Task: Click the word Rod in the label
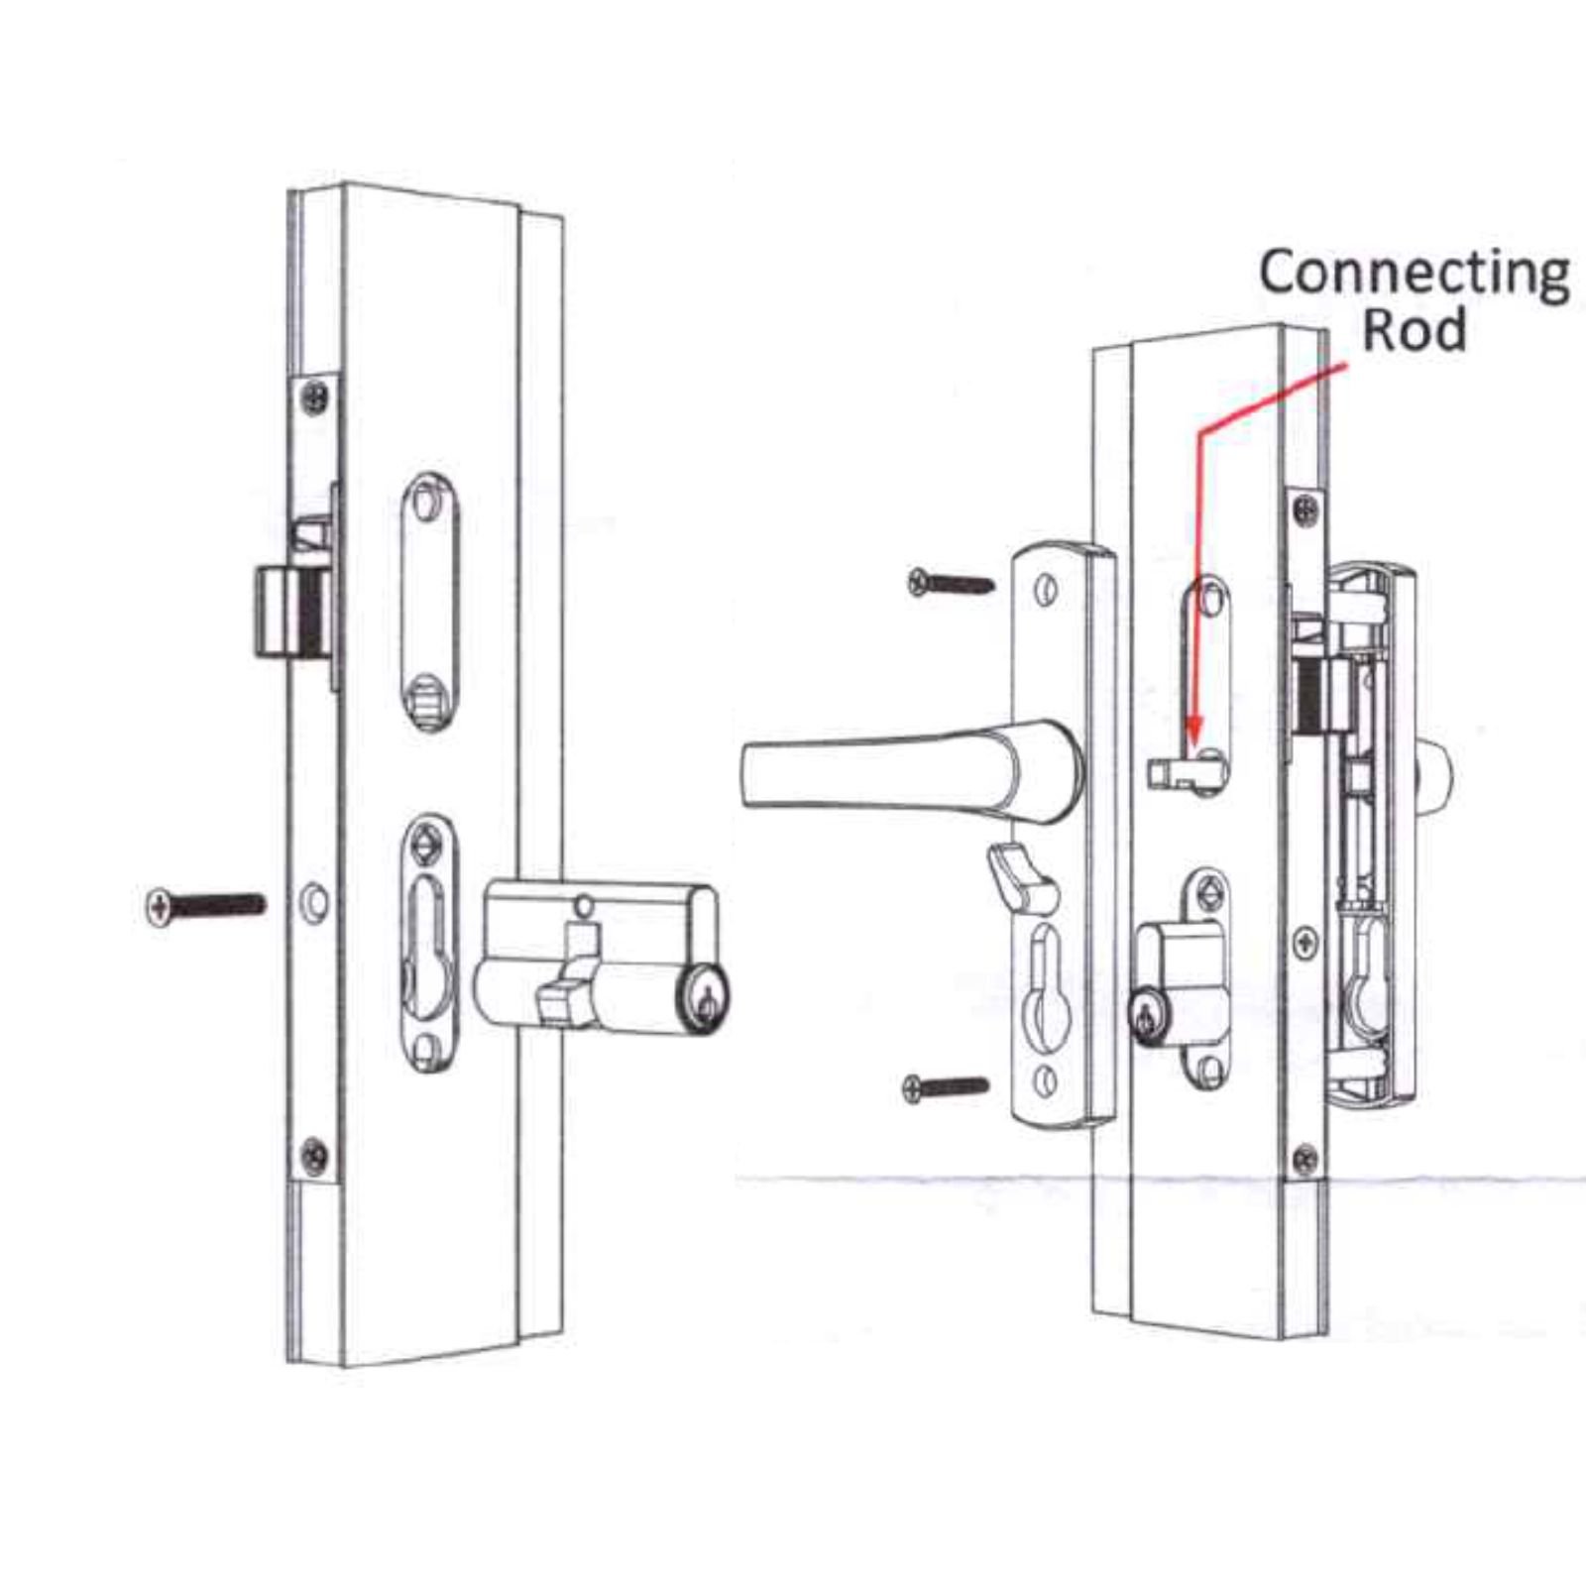click(x=1415, y=330)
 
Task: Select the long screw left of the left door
click(x=206, y=905)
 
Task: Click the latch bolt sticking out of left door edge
click(x=287, y=611)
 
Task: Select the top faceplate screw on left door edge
click(x=315, y=396)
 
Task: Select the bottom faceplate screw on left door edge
click(x=315, y=1153)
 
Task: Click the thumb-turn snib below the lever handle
click(x=1022, y=873)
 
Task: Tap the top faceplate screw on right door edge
click(x=1307, y=511)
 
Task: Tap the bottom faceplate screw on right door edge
click(x=1305, y=1157)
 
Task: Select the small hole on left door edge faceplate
click(x=315, y=901)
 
